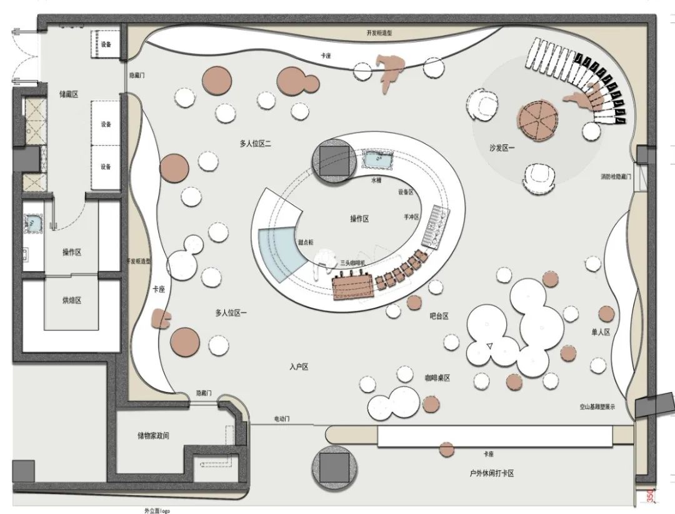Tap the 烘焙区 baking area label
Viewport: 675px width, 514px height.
pos(72,300)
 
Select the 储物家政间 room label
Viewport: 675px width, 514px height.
pos(154,435)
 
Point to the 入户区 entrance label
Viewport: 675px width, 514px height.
pos(299,367)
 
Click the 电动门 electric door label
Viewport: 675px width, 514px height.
pos(282,418)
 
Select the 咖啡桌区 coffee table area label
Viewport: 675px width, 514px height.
pos(437,378)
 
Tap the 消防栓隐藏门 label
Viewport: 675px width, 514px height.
pos(616,177)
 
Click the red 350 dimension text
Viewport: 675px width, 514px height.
pos(650,495)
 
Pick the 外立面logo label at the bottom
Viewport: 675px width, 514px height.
pos(157,510)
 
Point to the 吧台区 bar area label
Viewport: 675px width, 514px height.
pos(439,316)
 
